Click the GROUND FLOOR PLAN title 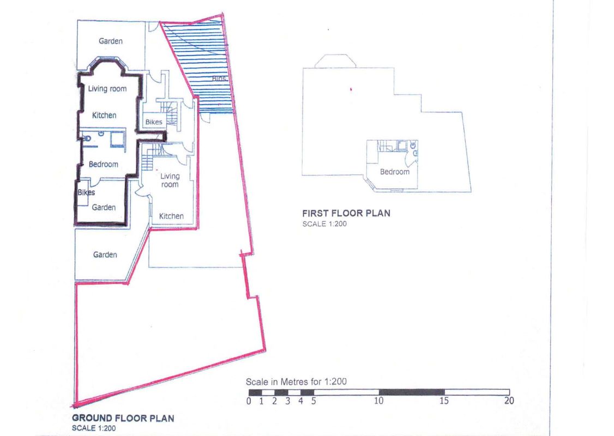click(x=123, y=418)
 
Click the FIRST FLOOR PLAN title click(x=346, y=213)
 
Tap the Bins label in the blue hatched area click(x=219, y=79)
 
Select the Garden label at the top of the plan click(x=111, y=41)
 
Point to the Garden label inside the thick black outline click(x=104, y=207)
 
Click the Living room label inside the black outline click(x=107, y=89)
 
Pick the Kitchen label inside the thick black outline click(x=104, y=115)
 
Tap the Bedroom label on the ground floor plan click(x=104, y=164)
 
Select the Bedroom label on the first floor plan click(x=394, y=172)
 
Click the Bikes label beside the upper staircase click(x=154, y=122)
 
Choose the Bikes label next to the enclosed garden click(x=86, y=192)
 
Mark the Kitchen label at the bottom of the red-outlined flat click(x=171, y=216)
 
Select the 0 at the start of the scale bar click(x=249, y=402)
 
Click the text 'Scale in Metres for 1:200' click(x=296, y=381)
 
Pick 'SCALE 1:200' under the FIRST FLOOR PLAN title click(x=324, y=223)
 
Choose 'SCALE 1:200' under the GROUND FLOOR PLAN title click(x=93, y=428)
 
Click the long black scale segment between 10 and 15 click(x=411, y=392)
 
